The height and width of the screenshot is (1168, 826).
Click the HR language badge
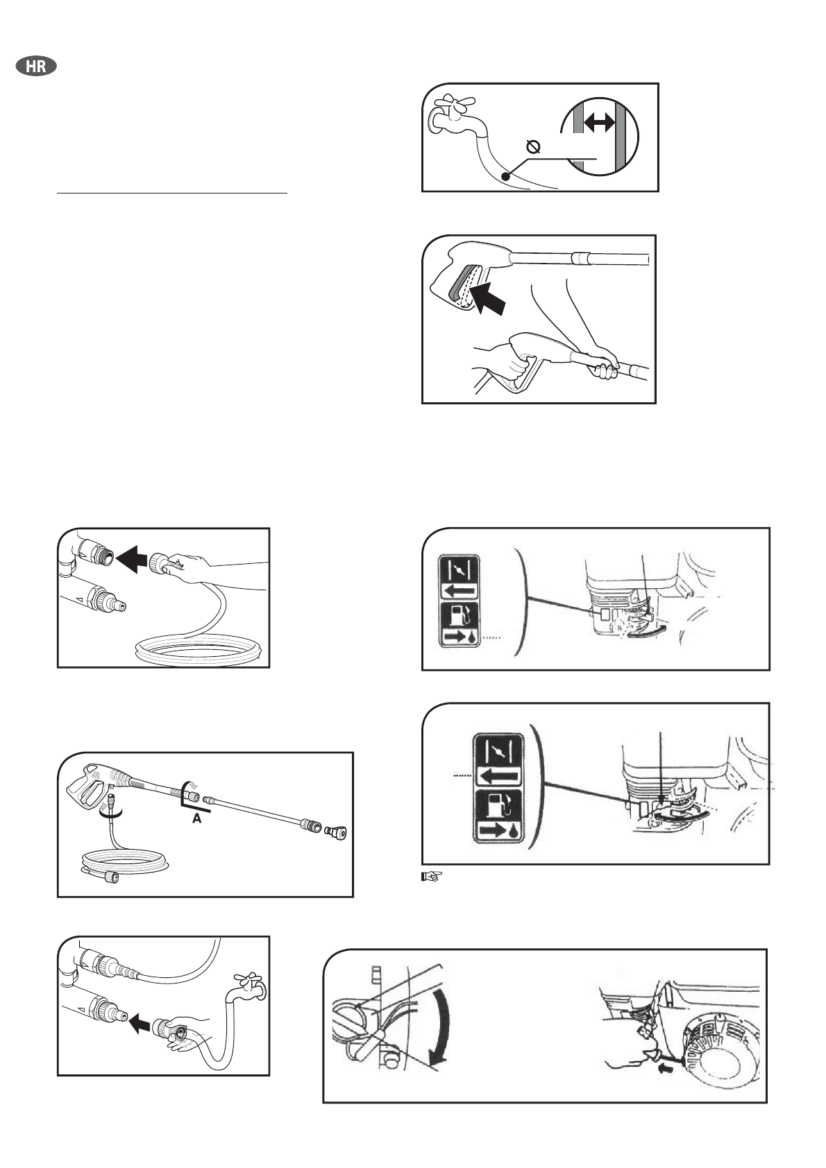36,67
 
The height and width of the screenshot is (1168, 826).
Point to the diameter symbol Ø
533,148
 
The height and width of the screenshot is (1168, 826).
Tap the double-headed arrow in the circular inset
598,123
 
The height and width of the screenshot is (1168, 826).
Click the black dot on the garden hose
505,176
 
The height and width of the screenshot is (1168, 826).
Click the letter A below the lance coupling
196,818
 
